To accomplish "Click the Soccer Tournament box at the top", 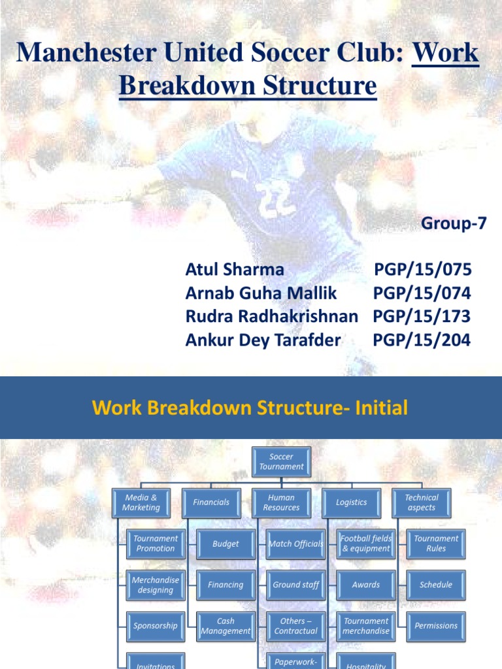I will (281, 462).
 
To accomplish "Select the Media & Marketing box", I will (141, 502).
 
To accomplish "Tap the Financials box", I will (211, 502).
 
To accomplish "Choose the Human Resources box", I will (281, 502).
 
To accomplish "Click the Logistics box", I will (351, 502).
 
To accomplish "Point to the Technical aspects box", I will (422, 502).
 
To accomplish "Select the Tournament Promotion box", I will (155, 544).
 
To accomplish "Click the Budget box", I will (226, 544).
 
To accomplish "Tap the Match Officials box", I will (295, 544).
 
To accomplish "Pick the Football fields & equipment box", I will (366, 544).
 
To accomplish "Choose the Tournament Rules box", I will (436, 544).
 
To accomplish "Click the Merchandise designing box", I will (155, 585).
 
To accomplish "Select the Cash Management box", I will (226, 626).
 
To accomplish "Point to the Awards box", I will (366, 585).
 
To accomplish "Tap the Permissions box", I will (436, 626).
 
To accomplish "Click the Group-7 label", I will (454, 223).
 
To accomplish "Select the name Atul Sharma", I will (235, 270).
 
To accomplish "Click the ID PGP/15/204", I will (422, 340).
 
